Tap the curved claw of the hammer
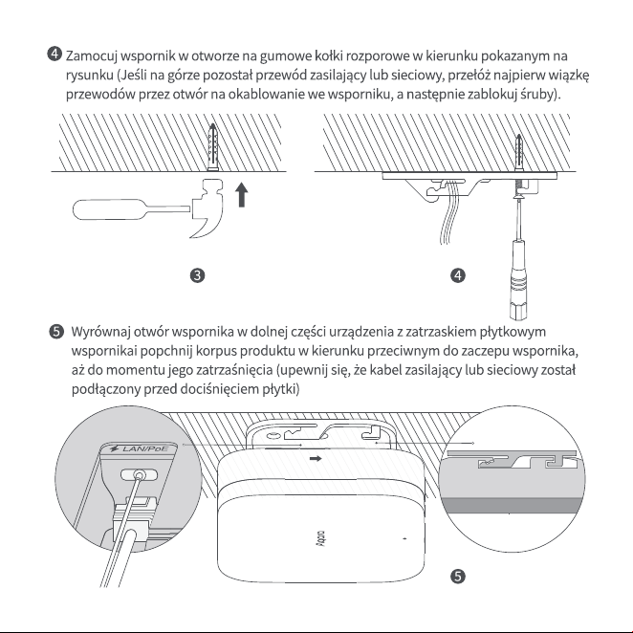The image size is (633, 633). pyautogui.click(x=210, y=226)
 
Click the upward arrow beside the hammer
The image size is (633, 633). pyautogui.click(x=241, y=194)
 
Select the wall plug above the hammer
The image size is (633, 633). pyautogui.click(x=212, y=147)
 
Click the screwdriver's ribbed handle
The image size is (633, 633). pyautogui.click(x=518, y=278)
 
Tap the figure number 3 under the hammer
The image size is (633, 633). pyautogui.click(x=197, y=275)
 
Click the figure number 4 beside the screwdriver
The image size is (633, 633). pyautogui.click(x=458, y=275)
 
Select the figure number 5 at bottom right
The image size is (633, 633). pyautogui.click(x=458, y=576)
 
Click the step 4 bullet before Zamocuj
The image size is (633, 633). pyautogui.click(x=55, y=54)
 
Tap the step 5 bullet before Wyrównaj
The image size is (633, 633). pyautogui.click(x=56, y=332)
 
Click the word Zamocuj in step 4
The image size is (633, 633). pyautogui.click(x=91, y=55)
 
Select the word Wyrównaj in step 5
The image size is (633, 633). pyautogui.click(x=100, y=332)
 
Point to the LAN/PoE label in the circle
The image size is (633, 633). pyautogui.click(x=140, y=448)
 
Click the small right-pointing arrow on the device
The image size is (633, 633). pyautogui.click(x=316, y=458)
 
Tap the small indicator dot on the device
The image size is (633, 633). pyautogui.click(x=404, y=538)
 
